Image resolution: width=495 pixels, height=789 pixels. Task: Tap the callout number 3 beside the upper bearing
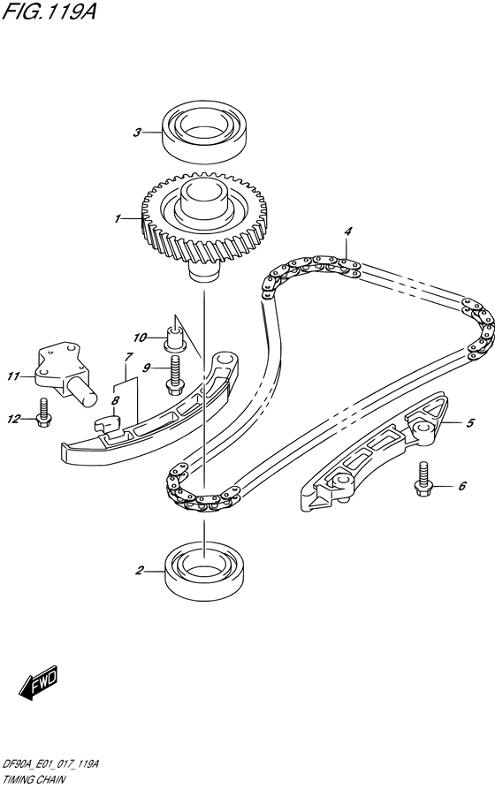tap(137, 133)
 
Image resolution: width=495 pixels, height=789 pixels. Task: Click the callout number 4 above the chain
tap(348, 231)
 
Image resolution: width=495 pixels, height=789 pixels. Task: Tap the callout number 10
tap(139, 338)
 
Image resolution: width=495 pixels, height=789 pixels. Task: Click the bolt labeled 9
tap(174, 382)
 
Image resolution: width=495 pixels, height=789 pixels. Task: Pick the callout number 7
tap(128, 357)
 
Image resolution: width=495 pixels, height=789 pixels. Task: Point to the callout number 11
tap(13, 377)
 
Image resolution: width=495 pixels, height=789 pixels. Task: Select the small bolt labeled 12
tap(42, 414)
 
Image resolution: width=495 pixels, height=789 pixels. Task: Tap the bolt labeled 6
tap(423, 481)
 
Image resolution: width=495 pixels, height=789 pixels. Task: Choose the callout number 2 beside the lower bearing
tap(139, 571)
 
